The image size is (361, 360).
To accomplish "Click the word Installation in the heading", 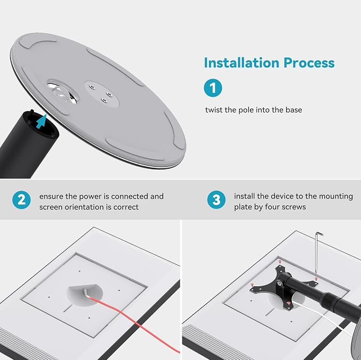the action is (241, 63).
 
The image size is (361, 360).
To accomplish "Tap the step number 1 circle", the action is (213, 88).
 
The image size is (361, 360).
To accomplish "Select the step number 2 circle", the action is (21, 200).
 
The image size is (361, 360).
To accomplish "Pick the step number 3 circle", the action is (216, 200).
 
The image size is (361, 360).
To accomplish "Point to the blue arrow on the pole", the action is (41, 122).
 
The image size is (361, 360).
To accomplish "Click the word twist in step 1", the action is (214, 110).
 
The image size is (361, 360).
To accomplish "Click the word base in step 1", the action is (294, 110).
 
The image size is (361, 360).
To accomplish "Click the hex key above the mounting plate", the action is (317, 253).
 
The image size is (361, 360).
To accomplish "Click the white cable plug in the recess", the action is (86, 293).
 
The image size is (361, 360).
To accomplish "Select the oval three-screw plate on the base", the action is (102, 94).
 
